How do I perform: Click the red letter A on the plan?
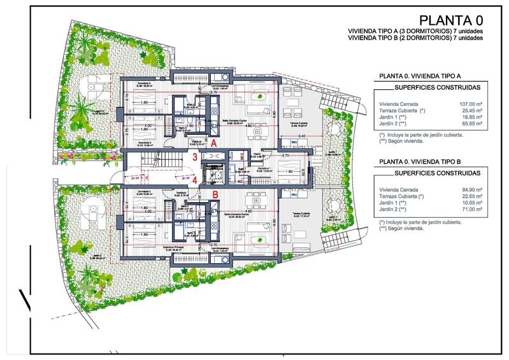(215, 144)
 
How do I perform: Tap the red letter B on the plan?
(215, 194)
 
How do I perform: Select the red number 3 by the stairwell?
(194, 156)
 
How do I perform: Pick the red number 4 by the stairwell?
(194, 180)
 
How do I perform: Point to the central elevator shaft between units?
(212, 170)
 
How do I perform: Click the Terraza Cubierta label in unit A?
(300, 123)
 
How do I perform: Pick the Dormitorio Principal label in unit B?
(146, 247)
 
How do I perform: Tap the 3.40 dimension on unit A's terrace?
(301, 136)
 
